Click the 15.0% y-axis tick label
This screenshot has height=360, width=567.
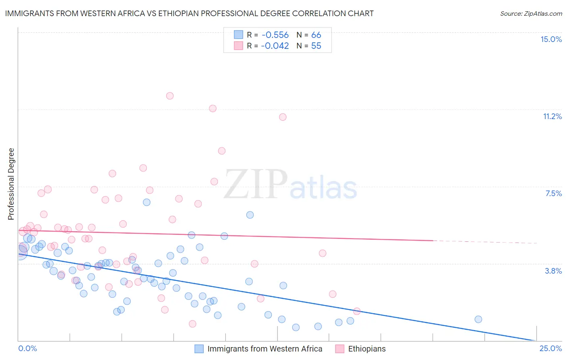coord(551,39)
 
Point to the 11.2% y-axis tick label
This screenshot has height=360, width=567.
coord(552,116)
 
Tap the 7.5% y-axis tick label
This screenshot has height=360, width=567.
coord(553,193)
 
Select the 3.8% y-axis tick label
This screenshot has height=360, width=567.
coord(553,271)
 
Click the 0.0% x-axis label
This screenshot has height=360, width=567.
coord(27,348)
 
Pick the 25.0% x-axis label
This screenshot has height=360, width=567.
coord(550,348)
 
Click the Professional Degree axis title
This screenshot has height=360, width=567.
coord(11,184)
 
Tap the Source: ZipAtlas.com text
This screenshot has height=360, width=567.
coord(531,13)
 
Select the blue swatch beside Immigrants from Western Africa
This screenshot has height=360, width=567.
coord(199,349)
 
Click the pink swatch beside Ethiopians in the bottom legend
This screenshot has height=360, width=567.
coord(340,349)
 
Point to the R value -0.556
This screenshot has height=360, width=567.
coord(275,35)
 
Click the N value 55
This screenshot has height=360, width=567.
coord(316,46)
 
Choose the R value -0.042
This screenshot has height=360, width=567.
coord(275,46)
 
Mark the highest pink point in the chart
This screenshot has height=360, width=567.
coord(170,96)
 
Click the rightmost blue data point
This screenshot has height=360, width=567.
coord(478,319)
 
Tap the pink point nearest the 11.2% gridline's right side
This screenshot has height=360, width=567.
coord(283,117)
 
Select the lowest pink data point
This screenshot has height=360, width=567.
coord(192,324)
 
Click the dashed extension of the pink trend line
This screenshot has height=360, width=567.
coord(484,242)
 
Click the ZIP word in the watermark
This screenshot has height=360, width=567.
coord(256,184)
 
